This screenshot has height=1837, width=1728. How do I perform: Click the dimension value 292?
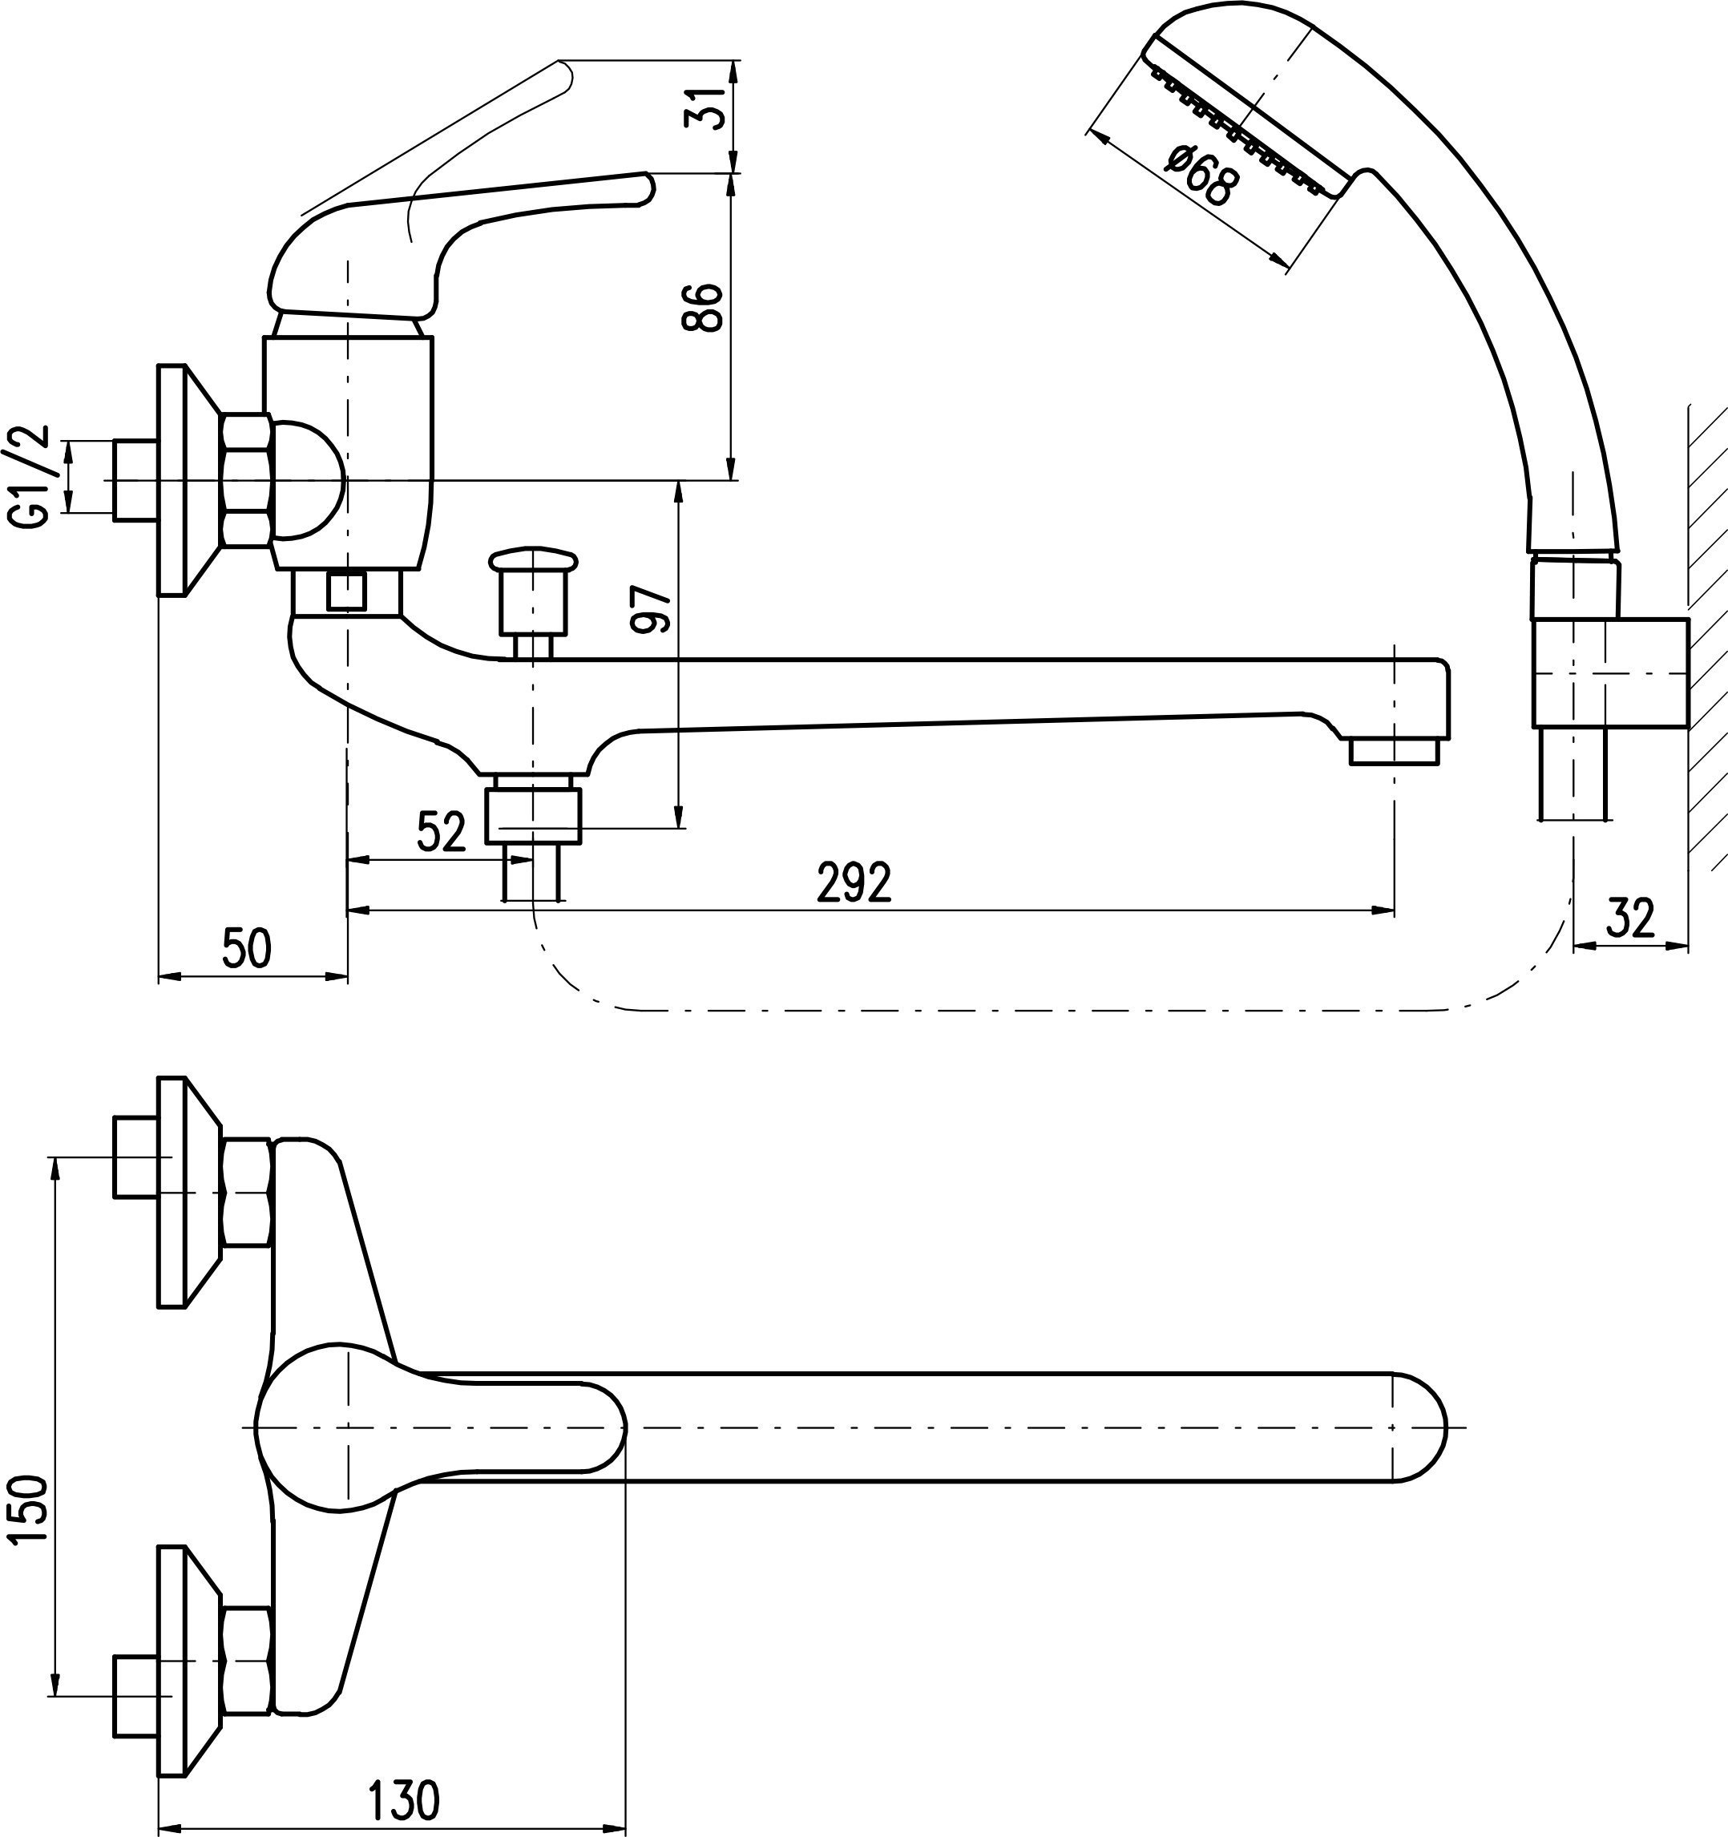[854, 882]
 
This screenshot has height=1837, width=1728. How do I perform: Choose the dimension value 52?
[442, 833]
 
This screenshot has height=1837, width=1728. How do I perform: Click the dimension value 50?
[247, 949]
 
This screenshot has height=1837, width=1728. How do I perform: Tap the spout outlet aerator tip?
[1395, 749]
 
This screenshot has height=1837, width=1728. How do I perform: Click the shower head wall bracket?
[1611, 672]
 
